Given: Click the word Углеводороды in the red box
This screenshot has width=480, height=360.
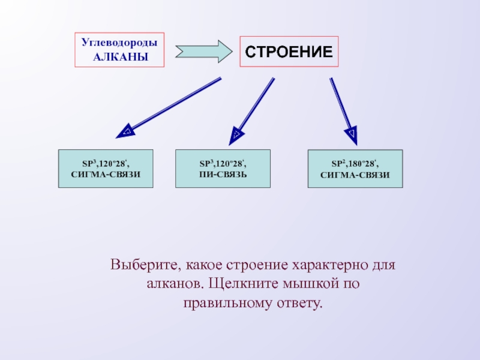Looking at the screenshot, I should click(119, 44).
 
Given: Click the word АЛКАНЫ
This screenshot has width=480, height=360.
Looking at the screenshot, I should click(119, 57).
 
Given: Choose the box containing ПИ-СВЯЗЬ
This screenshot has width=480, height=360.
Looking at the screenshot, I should click(223, 169).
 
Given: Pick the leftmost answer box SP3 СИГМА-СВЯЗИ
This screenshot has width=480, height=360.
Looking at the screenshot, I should click(105, 169).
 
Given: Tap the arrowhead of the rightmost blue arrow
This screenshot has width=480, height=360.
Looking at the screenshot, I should click(352, 133).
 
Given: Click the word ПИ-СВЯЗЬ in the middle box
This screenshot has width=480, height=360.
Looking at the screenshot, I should click(223, 174).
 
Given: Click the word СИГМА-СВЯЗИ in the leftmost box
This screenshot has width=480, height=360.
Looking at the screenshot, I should click(105, 174).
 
